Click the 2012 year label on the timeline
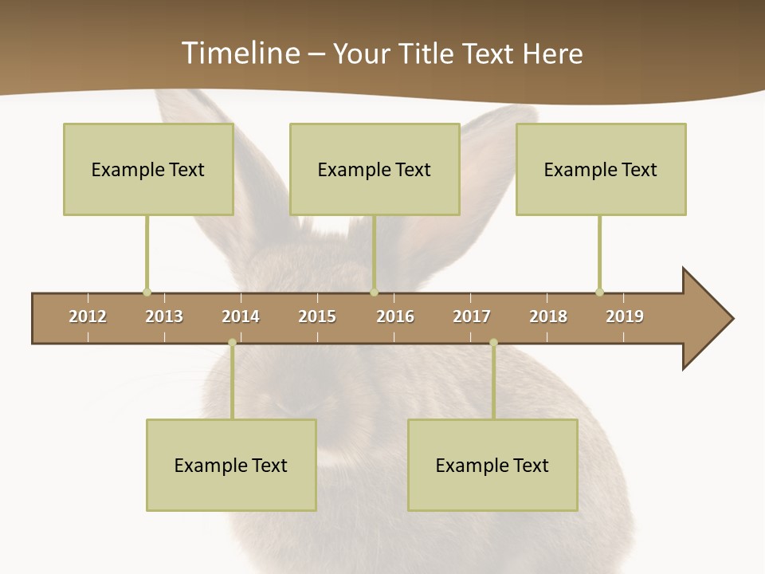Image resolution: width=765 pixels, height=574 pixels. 88,316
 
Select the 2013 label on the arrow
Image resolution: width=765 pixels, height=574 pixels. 164,316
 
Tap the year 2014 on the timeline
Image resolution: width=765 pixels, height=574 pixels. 241,316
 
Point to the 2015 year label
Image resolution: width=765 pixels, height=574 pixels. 317,316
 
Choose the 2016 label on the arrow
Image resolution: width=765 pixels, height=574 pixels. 395,316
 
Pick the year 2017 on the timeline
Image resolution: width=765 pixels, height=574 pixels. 472,316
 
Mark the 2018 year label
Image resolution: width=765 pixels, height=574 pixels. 548,316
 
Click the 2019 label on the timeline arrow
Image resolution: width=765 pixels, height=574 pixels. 625,316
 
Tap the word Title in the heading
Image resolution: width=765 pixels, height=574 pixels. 427,53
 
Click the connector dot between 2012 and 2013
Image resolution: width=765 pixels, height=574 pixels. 147,292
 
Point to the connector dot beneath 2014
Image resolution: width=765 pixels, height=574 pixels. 232,343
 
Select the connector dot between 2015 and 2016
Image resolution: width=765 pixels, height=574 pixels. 374,292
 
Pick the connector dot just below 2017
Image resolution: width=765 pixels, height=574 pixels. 493,343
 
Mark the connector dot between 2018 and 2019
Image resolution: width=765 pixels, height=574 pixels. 599,292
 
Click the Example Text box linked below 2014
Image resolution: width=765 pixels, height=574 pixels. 231,465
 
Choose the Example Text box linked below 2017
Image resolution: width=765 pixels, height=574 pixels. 492,465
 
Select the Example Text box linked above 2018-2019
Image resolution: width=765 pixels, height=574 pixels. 601,169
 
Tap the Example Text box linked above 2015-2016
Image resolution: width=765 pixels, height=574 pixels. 375,169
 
